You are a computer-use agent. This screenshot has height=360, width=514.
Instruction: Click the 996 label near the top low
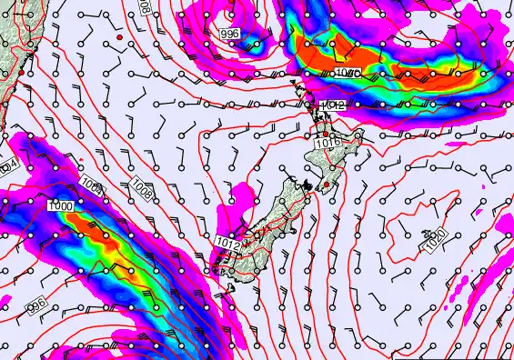tap(230, 33)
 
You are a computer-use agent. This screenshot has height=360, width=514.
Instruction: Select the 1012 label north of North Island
tap(333, 106)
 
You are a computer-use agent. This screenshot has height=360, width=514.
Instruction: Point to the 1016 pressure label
tap(328, 142)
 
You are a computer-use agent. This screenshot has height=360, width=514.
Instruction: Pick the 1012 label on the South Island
tap(228, 243)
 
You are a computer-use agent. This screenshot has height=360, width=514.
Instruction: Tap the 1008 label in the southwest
tap(140, 188)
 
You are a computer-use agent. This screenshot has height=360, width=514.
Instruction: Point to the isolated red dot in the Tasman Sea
tap(119, 37)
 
